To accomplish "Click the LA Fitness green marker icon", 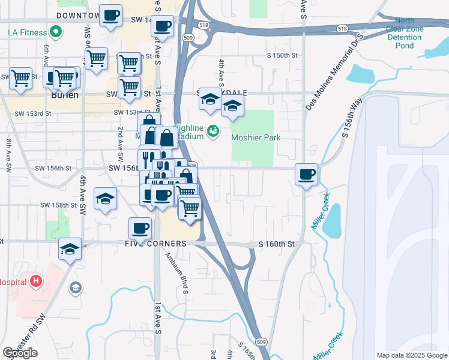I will coord(56,30).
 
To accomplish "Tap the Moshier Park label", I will coord(256,137).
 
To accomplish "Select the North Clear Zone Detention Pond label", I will coord(405,33).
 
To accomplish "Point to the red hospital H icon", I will coord(37,280).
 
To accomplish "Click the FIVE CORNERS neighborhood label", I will coord(156,244).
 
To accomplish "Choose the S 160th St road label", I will coord(277,244).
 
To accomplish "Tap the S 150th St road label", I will coord(283,55).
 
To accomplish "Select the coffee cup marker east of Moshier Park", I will coord(306,174).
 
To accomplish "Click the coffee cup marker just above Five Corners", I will coord(140,228).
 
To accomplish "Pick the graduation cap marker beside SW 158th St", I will coord(105,199).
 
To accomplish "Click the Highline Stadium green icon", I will coord(212,130).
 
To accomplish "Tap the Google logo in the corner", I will coord(20,353).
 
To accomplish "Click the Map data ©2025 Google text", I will coord(411,355).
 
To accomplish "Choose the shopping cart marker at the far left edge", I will coord(20,78).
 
